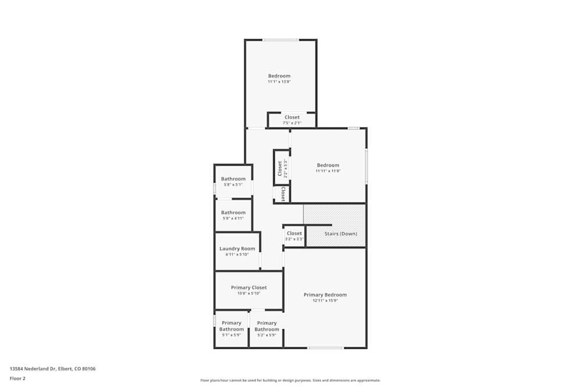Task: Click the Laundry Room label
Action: click(237, 248)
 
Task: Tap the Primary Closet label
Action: click(249, 287)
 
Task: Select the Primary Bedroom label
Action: click(325, 295)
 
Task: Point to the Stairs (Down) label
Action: click(340, 234)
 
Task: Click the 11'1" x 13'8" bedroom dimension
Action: click(279, 82)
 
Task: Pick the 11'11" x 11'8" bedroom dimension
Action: click(328, 171)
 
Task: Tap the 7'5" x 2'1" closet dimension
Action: click(292, 123)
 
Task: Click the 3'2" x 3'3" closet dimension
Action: click(294, 239)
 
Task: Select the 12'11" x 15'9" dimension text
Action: click(325, 301)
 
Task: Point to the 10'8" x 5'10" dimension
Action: click(249, 293)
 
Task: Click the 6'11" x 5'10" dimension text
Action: click(237, 254)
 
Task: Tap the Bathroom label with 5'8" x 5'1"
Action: click(233, 179)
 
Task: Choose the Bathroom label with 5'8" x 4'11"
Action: click(233, 212)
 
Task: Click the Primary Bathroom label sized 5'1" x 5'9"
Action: click(231, 326)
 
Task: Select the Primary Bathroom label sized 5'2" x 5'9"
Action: click(267, 326)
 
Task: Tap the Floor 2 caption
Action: click(17, 378)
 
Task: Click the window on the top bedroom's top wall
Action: click(281, 40)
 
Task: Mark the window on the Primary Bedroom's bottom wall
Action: click(325, 348)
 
